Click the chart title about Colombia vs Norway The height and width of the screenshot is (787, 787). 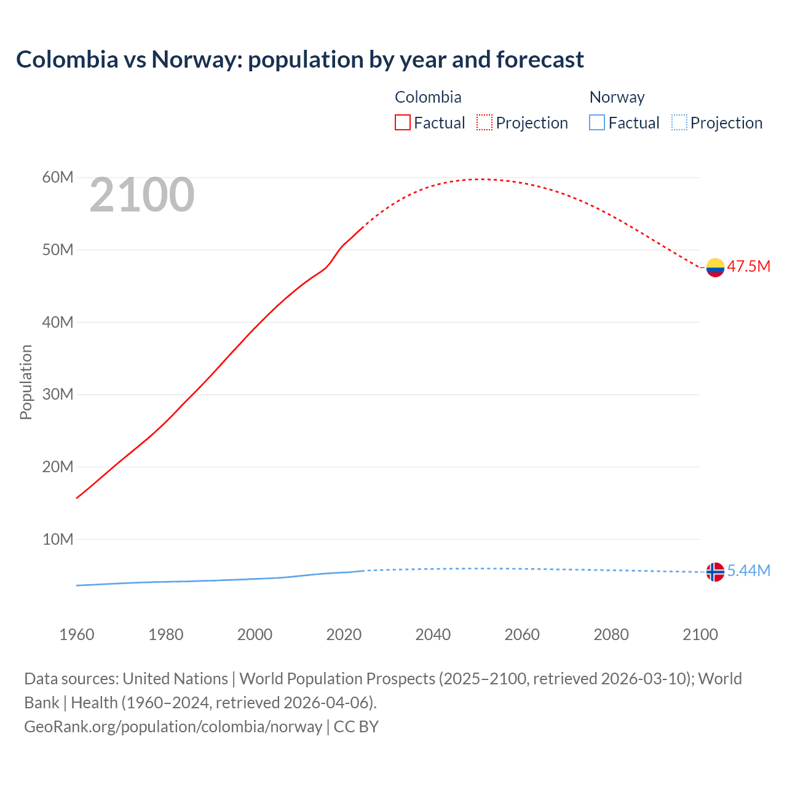[x=299, y=60]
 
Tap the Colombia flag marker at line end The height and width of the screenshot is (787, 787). [x=715, y=267]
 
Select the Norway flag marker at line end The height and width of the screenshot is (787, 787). [x=715, y=572]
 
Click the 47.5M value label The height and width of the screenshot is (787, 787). [x=748, y=267]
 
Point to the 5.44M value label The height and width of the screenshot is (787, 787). [x=748, y=571]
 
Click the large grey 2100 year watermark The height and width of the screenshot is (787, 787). [x=142, y=196]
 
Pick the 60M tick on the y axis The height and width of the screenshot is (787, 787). [x=58, y=178]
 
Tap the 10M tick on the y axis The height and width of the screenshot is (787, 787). [x=58, y=539]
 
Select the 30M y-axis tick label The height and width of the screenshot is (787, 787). [x=58, y=394]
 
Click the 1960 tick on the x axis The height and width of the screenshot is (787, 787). [x=77, y=635]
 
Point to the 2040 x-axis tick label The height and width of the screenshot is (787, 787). [x=433, y=635]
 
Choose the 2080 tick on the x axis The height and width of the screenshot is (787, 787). [x=611, y=635]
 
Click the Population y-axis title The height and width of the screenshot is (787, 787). [x=26, y=382]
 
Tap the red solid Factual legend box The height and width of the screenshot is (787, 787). [x=402, y=122]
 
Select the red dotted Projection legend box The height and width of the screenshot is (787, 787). [x=484, y=122]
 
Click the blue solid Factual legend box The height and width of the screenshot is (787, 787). [x=597, y=122]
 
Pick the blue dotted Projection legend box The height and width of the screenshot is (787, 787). [x=679, y=122]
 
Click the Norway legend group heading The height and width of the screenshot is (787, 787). [x=617, y=97]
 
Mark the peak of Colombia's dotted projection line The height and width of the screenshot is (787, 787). [x=482, y=179]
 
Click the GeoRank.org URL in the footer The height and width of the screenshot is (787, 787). [x=173, y=727]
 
